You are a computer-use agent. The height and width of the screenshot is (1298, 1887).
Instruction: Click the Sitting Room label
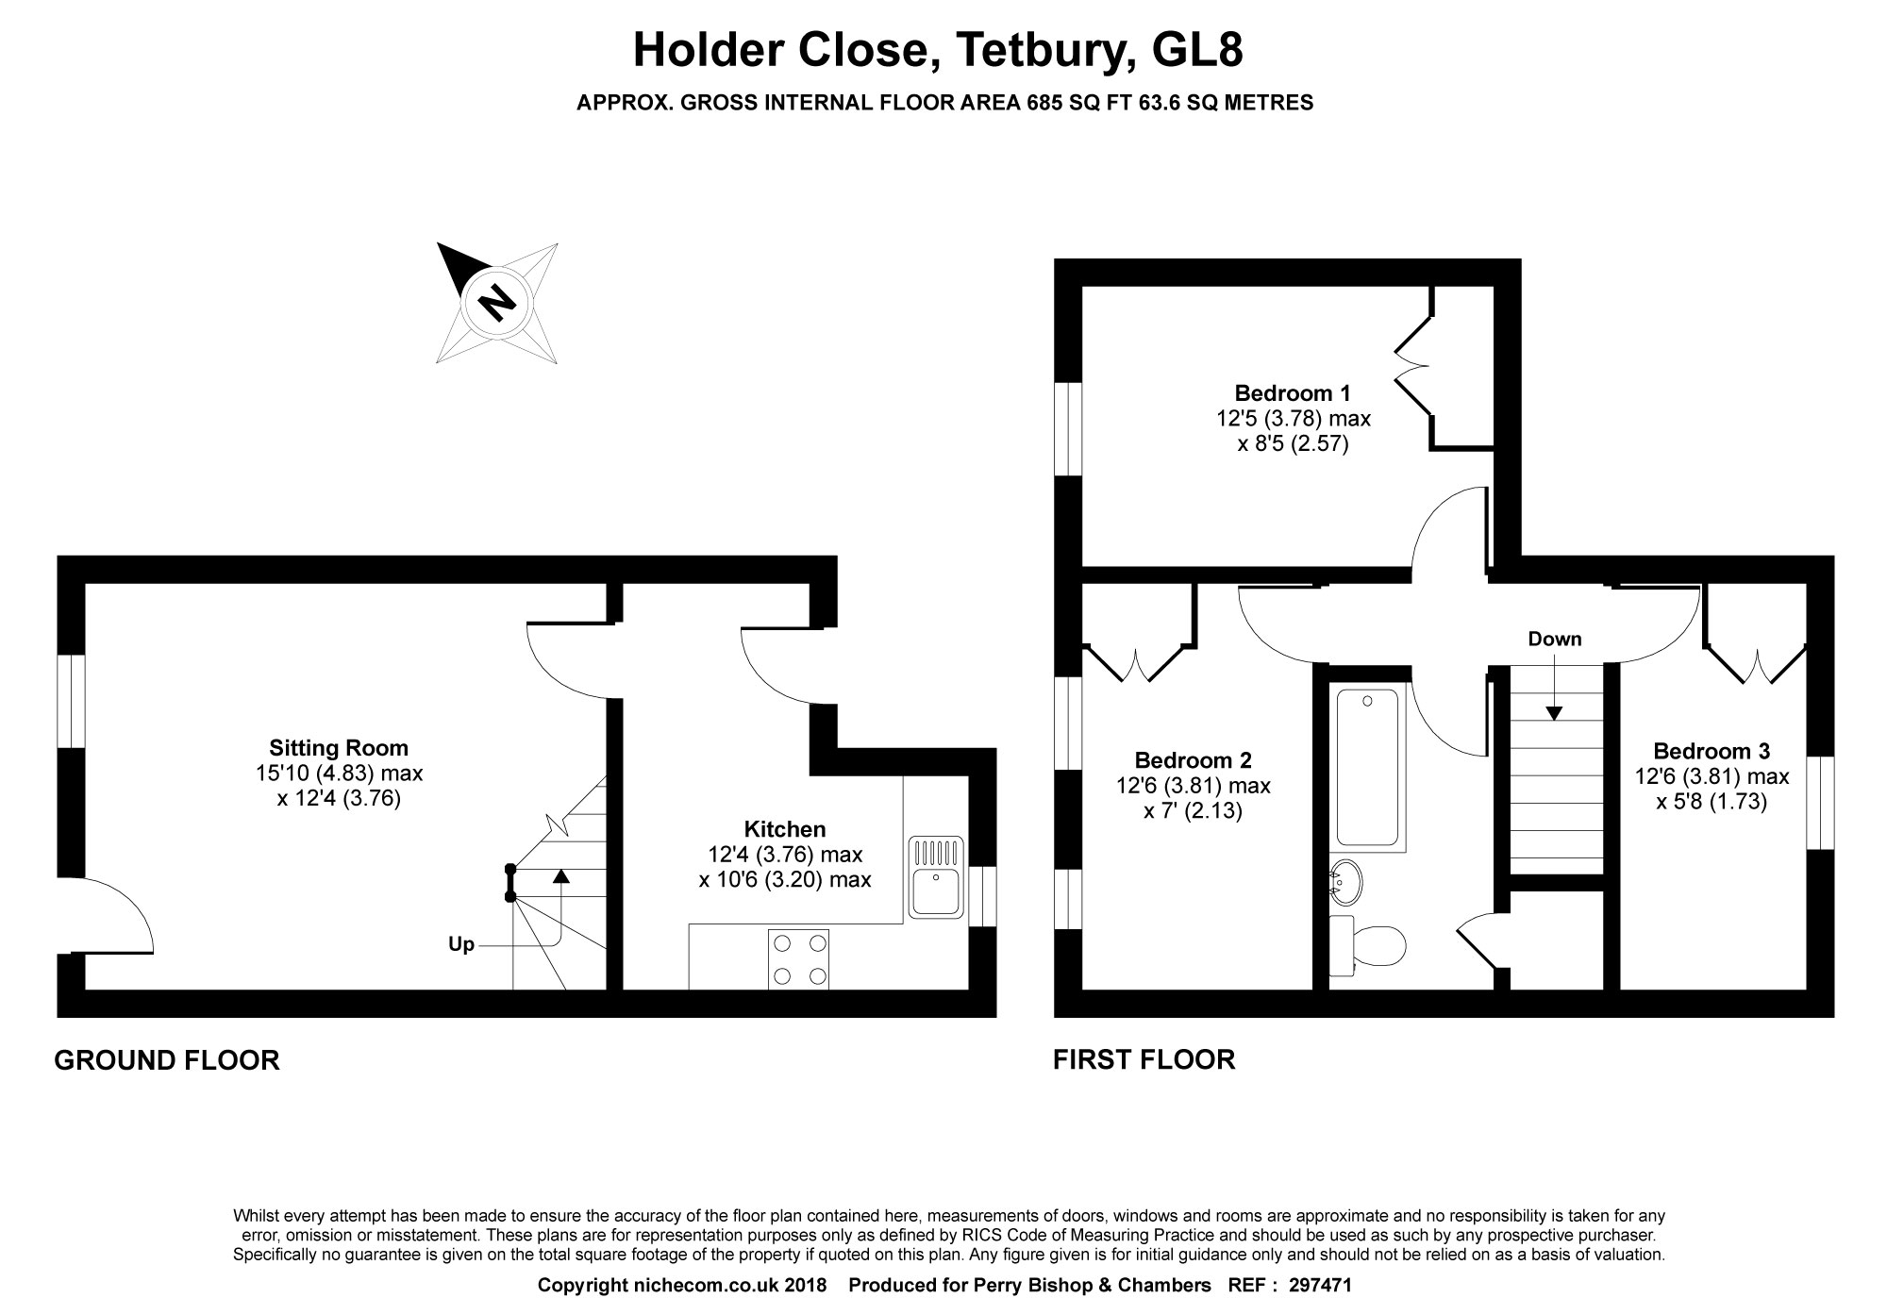(339, 748)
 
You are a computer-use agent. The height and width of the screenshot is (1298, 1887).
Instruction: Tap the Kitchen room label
(785, 829)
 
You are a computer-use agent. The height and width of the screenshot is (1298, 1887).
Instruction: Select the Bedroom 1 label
(1293, 392)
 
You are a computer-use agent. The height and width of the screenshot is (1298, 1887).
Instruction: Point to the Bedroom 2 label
(1193, 760)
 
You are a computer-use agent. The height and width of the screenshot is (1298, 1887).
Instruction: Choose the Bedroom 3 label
(1712, 752)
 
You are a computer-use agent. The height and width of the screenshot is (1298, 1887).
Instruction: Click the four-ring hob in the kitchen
(799, 959)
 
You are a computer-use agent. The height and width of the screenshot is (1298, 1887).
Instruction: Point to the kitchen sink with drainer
(936, 876)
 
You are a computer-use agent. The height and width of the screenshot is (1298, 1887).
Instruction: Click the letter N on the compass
(496, 303)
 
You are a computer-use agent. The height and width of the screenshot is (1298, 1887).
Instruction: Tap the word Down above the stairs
(1555, 640)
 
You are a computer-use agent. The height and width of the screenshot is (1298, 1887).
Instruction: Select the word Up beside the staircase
(461, 944)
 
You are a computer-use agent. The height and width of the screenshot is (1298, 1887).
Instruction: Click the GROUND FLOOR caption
(167, 1060)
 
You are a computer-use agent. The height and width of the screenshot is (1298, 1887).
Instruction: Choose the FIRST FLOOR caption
(1144, 1059)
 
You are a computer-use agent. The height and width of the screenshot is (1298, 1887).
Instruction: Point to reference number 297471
(1320, 1285)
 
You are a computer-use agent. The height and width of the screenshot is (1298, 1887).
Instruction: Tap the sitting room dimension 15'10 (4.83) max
(339, 774)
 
